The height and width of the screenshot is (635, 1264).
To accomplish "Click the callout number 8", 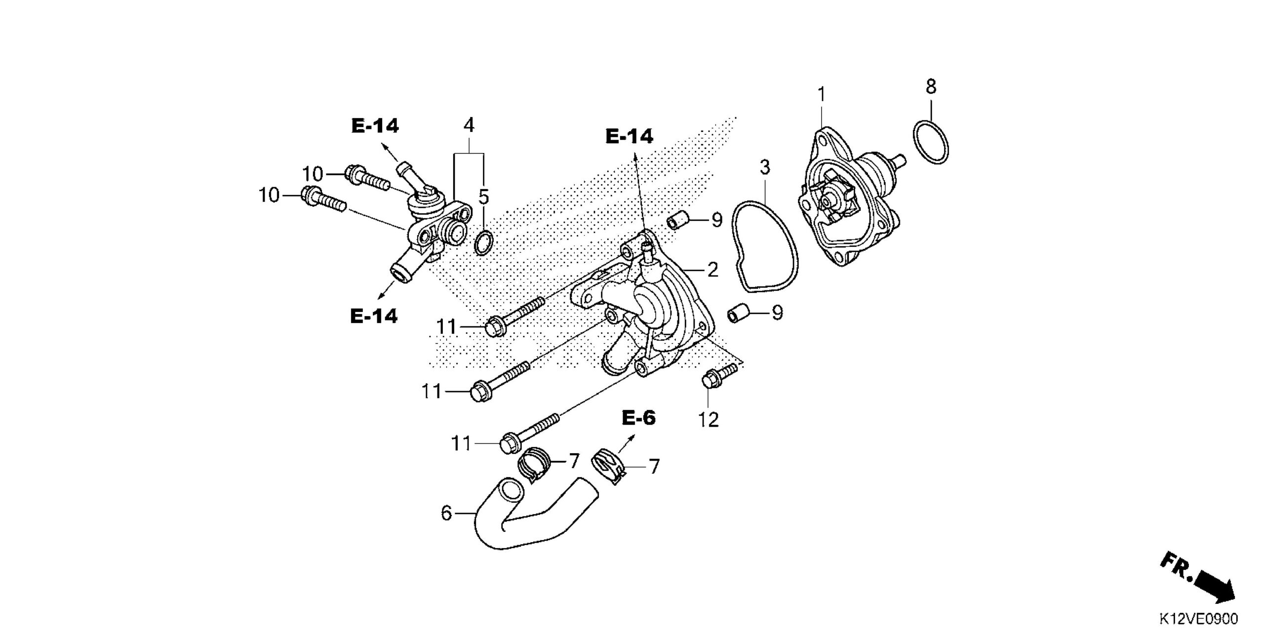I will coord(931,87).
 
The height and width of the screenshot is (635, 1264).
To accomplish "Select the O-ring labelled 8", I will coord(930,142).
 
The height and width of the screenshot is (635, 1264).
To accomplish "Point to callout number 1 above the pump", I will coord(822,94).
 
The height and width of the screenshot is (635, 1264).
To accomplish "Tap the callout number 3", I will coord(764,167).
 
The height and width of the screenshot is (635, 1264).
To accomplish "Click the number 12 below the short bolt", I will coord(708,420).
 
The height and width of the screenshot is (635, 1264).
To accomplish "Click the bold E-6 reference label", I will coord(638,418).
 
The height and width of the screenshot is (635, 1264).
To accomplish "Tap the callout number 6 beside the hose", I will coord(446,513).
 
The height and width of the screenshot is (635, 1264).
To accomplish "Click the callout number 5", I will coord(483,197).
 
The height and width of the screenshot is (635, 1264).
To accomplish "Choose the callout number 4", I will coord(469,125).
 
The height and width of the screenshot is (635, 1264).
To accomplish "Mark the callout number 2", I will coord(712,270).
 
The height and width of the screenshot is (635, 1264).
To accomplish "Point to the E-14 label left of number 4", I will coord(375,126).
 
